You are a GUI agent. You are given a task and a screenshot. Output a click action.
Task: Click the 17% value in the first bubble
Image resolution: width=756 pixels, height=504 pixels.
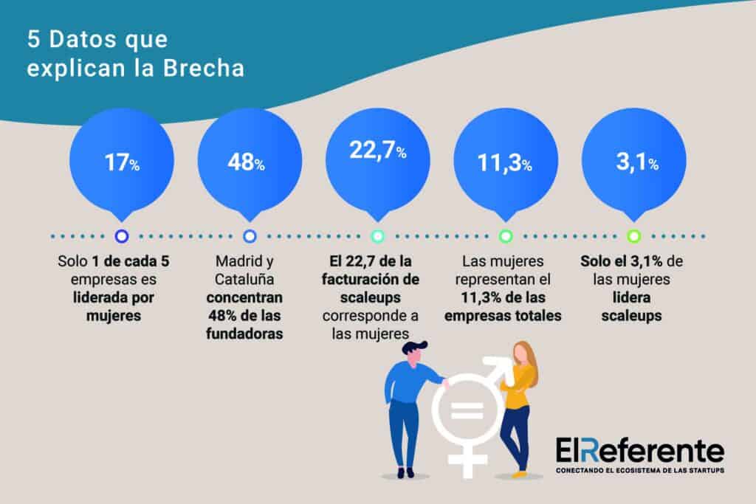(x=122, y=163)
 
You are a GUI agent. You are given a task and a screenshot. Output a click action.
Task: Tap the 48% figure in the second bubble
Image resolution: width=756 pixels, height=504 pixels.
(x=246, y=163)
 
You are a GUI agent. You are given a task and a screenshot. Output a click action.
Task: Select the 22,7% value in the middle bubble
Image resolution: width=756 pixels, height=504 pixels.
(x=377, y=152)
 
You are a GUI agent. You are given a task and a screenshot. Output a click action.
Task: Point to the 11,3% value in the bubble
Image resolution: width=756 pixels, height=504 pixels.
(x=505, y=164)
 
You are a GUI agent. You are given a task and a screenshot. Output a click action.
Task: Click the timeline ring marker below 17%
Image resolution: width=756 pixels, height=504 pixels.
(x=123, y=236)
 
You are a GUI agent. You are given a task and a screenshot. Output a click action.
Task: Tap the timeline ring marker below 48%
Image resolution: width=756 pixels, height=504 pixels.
(x=250, y=236)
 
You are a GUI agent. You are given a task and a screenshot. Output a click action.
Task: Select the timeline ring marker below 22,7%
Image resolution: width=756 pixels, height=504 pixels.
(x=377, y=236)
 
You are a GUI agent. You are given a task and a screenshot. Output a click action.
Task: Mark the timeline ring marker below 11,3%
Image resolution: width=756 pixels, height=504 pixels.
(x=506, y=236)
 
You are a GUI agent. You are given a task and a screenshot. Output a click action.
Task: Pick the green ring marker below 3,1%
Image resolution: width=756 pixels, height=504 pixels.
(x=633, y=236)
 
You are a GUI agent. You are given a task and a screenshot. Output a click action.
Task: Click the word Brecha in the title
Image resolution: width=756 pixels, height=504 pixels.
(x=209, y=69)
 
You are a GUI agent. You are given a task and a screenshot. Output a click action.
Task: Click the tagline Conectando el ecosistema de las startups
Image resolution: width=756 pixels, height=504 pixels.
(x=639, y=470)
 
